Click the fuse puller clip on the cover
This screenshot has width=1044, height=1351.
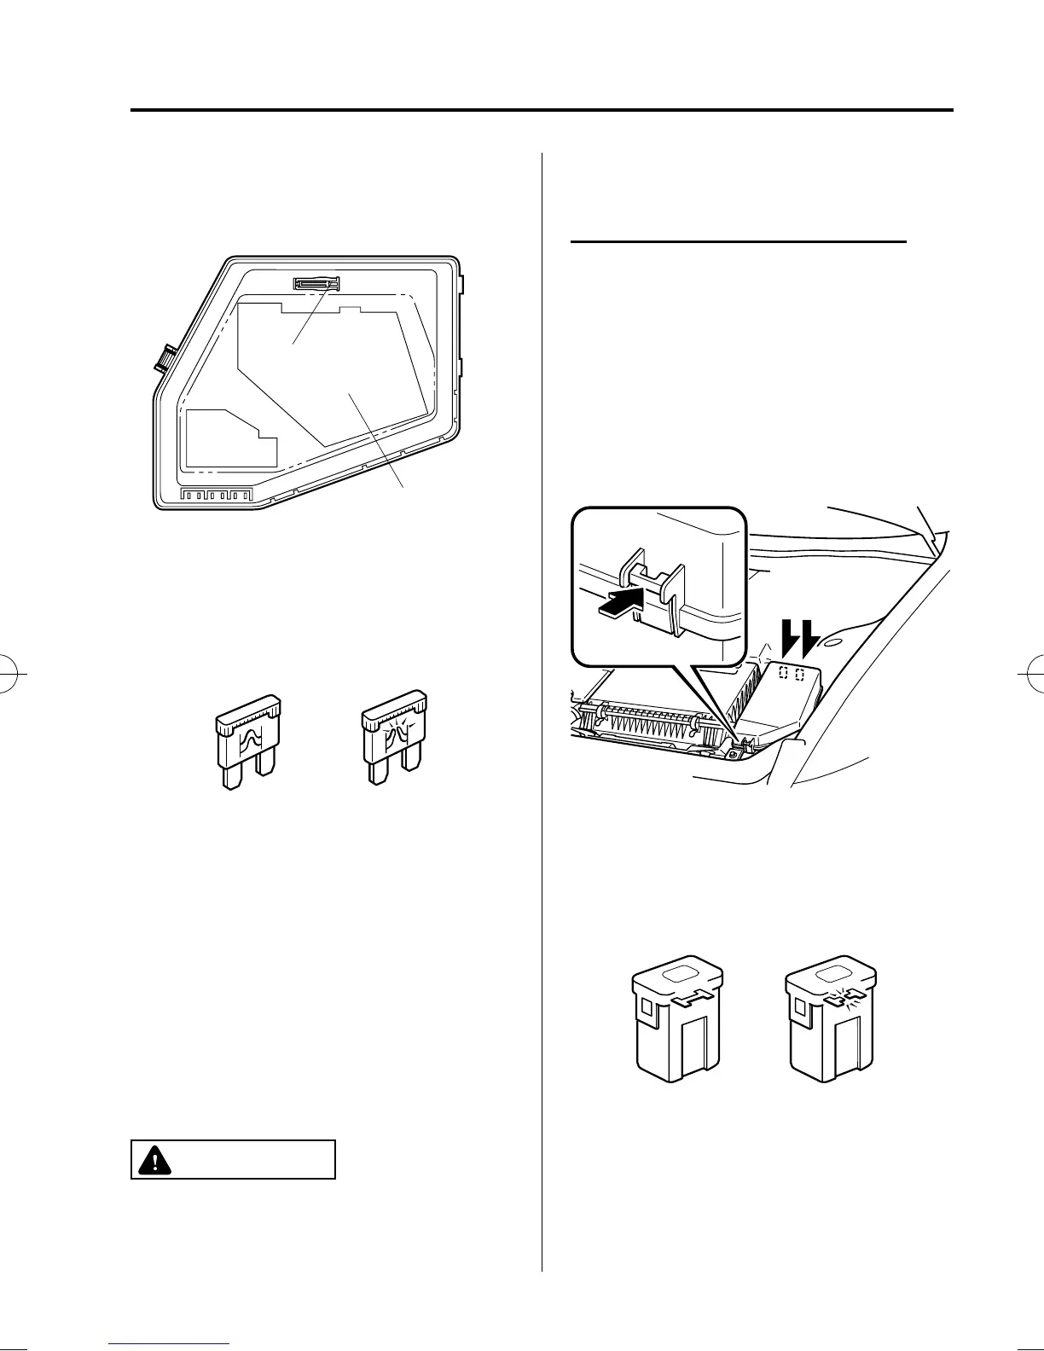[x=316, y=282]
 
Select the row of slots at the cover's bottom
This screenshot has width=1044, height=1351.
[x=217, y=495]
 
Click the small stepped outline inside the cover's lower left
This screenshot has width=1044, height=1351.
[x=229, y=440]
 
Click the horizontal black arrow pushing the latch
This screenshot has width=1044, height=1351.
[x=619, y=604]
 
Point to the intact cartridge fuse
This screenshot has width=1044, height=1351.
[x=677, y=1023]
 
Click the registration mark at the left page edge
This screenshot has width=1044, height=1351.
[x=12, y=675]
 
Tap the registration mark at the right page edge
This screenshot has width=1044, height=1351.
[x=1032, y=675]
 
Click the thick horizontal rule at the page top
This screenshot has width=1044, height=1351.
[x=542, y=110]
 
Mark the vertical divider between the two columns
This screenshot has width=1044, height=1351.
[x=542, y=682]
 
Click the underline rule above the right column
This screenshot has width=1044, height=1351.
[x=738, y=242]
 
